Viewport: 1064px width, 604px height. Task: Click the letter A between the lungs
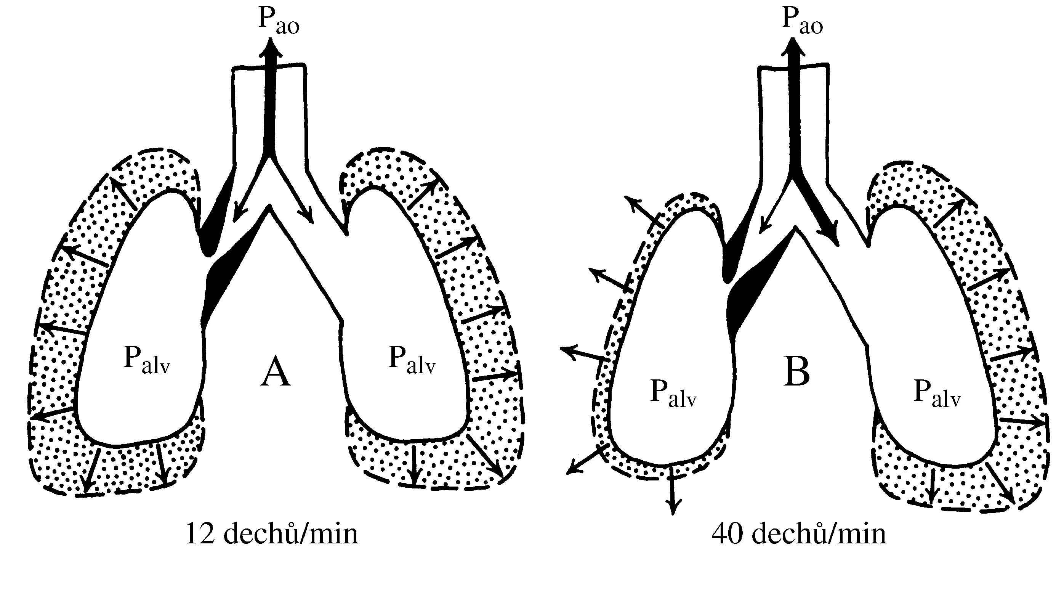click(x=276, y=372)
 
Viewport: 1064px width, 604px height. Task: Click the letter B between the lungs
click(x=796, y=372)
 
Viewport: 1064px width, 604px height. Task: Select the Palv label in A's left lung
click(x=147, y=360)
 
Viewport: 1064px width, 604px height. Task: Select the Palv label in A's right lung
click(x=412, y=360)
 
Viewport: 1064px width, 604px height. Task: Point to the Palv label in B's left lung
click(x=673, y=393)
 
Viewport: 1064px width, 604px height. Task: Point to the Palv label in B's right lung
click(x=937, y=393)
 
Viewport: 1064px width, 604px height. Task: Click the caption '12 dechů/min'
click(x=271, y=534)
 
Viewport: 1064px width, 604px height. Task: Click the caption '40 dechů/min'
click(x=798, y=534)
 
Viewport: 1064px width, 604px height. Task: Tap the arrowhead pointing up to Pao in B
click(x=793, y=48)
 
